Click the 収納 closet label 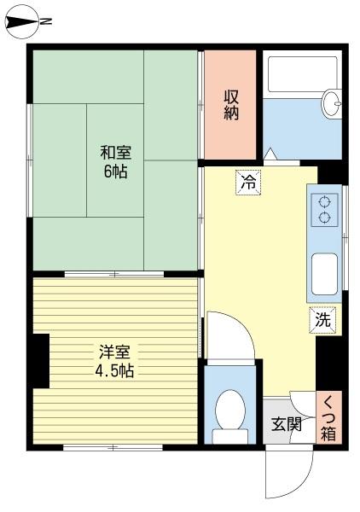[x=231, y=106]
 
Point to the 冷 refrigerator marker [x=248, y=182]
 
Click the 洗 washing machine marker [x=322, y=321]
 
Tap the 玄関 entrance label [x=287, y=424]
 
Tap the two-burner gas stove [x=324, y=210]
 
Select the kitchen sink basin [x=323, y=274]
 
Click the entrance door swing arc [x=286, y=474]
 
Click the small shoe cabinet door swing [x=303, y=402]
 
